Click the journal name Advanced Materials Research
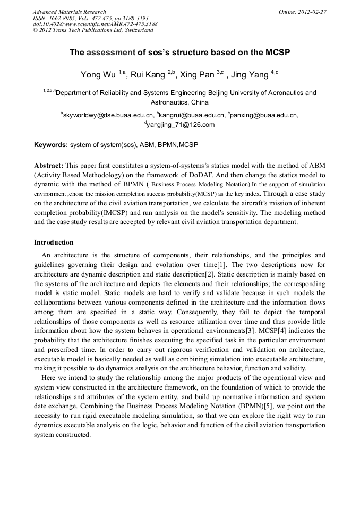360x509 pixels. coord(69,12)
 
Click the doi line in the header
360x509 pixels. coord(95,24)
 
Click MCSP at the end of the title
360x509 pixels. coord(276,53)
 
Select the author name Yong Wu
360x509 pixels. coord(98,75)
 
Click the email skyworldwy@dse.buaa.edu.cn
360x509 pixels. coord(109,115)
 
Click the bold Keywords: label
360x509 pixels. coord(51,144)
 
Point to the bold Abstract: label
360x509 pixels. coord(49,165)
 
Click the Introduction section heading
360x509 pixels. coord(54,243)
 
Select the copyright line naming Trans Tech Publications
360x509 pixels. coord(93,30)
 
